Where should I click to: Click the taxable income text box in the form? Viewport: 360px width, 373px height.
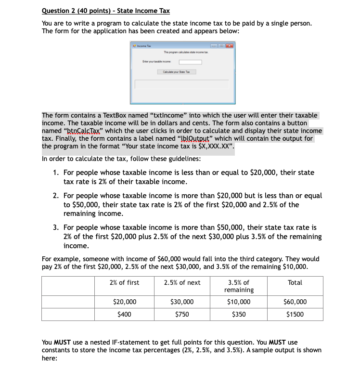190,62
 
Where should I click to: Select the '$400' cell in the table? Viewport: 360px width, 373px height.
124,314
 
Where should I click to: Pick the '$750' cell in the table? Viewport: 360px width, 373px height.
182,314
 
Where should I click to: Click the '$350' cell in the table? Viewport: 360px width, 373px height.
239,314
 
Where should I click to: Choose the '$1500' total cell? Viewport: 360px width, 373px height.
295,314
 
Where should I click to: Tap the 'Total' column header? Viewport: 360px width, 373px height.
295,282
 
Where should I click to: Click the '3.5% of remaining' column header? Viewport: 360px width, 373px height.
239,286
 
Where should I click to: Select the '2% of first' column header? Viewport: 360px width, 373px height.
124,282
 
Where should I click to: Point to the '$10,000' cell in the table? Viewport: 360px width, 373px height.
239,302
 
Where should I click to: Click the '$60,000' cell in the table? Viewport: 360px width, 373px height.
295,302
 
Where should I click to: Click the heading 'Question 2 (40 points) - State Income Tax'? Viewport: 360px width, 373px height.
106,11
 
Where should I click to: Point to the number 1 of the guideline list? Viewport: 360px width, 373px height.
56,173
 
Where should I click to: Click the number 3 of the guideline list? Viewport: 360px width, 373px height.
56,227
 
